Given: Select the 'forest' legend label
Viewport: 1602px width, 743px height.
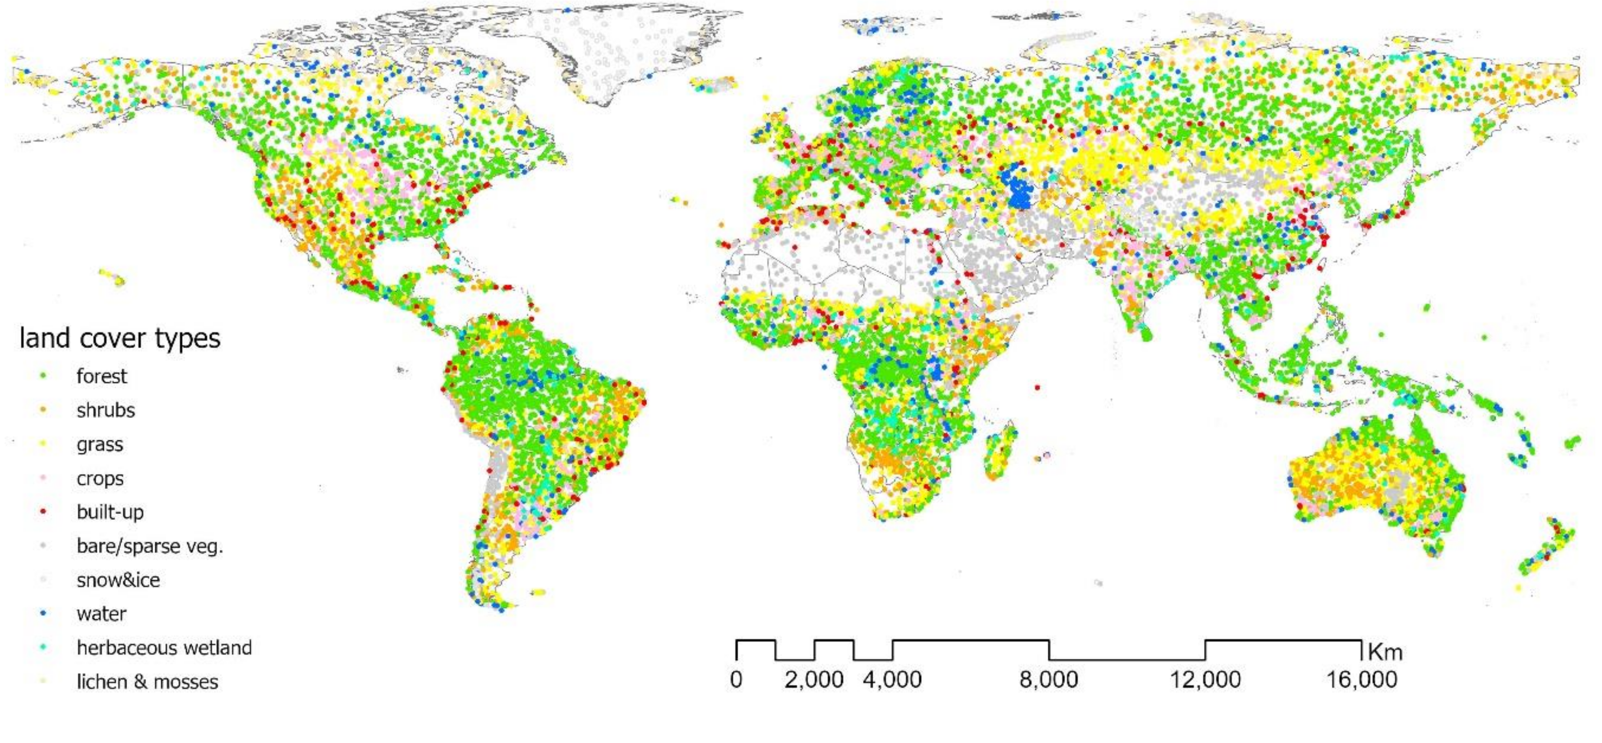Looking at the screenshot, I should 102,376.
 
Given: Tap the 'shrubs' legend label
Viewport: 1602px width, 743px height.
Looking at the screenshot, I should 106,411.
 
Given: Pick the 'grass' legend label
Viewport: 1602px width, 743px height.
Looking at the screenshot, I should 99,444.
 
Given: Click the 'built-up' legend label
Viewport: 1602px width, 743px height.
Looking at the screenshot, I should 110,512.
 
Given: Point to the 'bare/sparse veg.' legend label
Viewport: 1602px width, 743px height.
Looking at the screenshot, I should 149,546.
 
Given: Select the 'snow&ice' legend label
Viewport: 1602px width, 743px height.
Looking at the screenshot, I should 118,580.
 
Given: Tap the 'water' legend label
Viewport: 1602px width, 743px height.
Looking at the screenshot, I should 102,614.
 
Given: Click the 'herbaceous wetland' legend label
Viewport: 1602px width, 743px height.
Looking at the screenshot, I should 164,648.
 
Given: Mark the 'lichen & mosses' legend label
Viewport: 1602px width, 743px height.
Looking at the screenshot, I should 148,682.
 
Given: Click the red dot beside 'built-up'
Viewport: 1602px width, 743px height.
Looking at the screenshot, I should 43,512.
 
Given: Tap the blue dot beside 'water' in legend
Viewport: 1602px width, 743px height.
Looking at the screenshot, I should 43,614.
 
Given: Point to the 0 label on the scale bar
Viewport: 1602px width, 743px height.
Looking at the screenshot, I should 736,680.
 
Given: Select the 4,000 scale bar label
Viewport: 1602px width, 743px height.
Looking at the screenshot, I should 892,680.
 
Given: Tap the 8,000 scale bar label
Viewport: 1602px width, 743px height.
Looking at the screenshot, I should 1049,680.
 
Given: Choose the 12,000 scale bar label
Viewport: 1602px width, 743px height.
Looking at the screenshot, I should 1205,680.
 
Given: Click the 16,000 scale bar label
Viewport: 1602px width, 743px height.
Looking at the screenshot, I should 1362,680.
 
